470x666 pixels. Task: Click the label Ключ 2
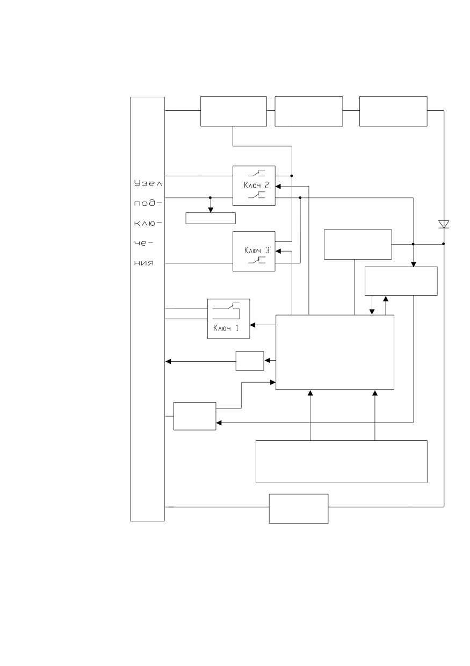[256, 185]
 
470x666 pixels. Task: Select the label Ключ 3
[257, 250]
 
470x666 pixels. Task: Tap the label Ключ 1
[226, 328]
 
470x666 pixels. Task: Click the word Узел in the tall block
[148, 183]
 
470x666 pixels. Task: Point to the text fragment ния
[144, 263]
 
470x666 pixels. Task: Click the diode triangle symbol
[444, 224]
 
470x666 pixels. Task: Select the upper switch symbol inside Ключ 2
[256, 173]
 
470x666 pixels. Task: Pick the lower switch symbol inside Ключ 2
[256, 195]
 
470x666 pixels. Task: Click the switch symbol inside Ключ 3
[256, 260]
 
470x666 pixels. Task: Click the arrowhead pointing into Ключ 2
[278, 187]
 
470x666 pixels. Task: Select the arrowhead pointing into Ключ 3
[278, 251]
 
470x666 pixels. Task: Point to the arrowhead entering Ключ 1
[252, 325]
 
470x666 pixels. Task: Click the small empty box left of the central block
[250, 361]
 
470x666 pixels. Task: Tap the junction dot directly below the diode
[443, 244]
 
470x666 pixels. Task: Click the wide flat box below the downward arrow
[211, 218]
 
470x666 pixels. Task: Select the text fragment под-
[148, 203]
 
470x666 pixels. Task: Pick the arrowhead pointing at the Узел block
[168, 362]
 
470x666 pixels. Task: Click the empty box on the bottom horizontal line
[299, 509]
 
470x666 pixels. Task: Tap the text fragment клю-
[148, 223]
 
